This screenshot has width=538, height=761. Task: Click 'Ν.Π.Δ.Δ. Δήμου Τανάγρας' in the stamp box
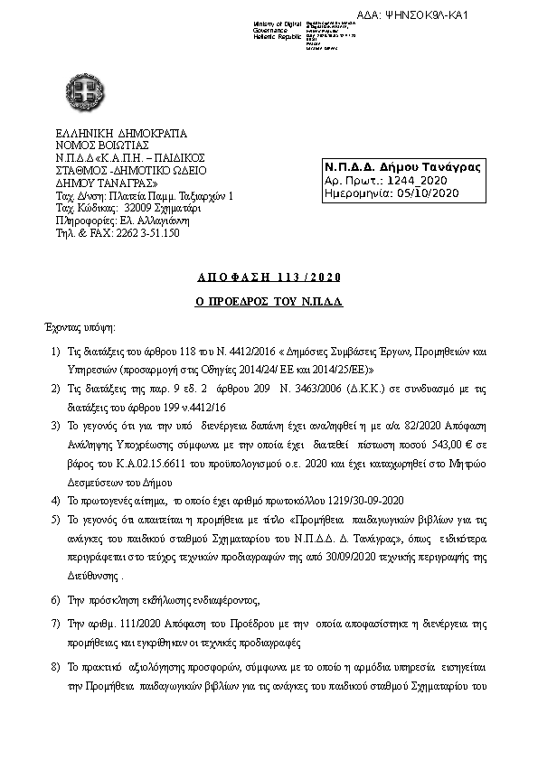402,167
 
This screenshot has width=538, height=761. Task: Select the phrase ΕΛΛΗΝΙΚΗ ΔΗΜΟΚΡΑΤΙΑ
120,134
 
